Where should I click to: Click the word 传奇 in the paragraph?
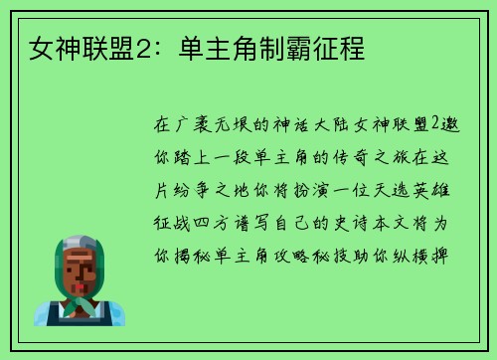coord(356,157)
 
